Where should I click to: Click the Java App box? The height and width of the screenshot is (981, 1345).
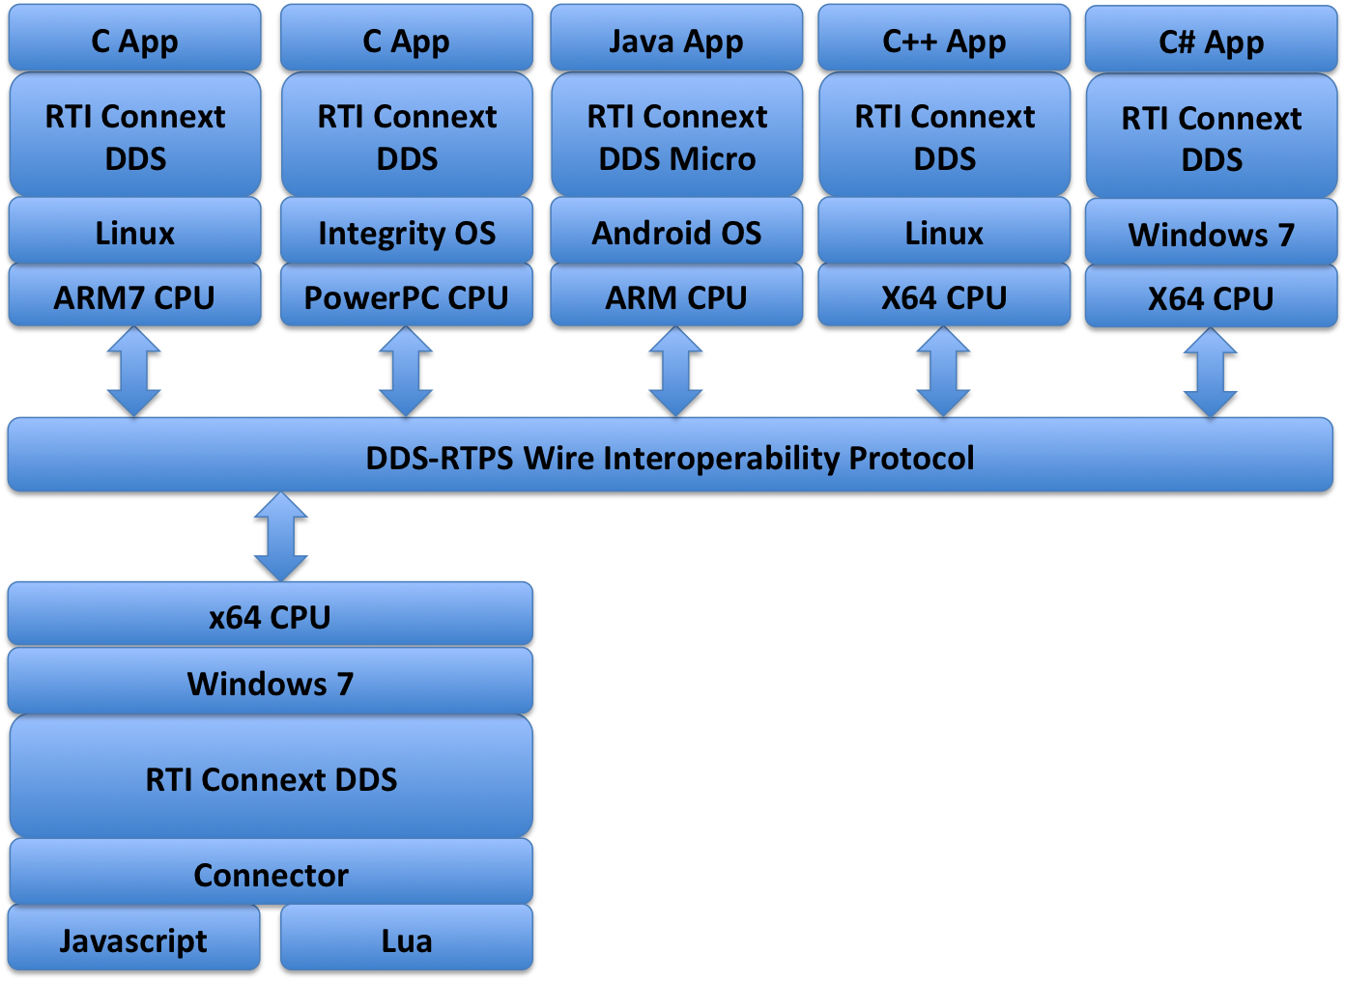(675, 39)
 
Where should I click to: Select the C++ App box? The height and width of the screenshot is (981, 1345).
(944, 39)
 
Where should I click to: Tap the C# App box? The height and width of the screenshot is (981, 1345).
(1211, 40)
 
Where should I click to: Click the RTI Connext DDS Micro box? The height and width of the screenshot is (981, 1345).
(676, 136)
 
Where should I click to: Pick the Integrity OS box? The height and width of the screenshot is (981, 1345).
(406, 232)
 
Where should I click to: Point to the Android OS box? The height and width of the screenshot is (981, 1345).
(676, 232)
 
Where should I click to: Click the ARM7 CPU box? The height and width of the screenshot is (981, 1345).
(134, 296)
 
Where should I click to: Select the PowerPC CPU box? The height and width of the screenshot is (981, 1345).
(406, 296)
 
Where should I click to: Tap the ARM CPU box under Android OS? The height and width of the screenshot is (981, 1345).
(676, 296)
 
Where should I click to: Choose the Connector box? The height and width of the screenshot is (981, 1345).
(271, 873)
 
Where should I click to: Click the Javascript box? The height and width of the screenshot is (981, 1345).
(133, 939)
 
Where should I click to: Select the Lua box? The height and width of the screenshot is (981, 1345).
(406, 939)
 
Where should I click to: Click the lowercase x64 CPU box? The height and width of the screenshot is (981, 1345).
(271, 615)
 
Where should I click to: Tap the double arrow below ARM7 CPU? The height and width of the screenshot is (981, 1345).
(133, 372)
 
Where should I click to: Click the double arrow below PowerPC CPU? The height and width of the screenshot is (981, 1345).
(406, 372)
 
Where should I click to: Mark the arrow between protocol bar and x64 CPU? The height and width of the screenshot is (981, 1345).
(281, 537)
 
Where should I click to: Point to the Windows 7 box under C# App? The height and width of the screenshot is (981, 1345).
(1211, 234)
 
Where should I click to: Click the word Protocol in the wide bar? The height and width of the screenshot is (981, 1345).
(911, 457)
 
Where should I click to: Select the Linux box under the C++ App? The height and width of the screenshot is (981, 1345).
(944, 232)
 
